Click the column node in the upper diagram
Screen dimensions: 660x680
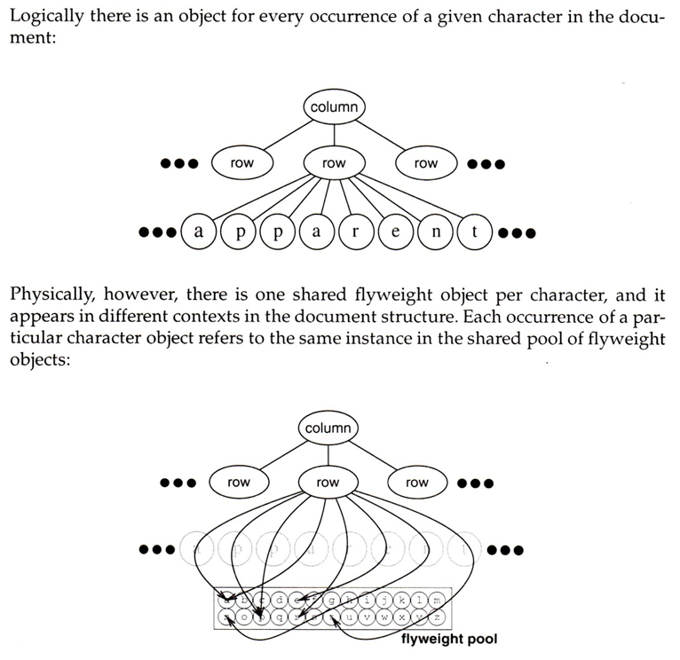334,107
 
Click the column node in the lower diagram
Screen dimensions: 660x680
328,428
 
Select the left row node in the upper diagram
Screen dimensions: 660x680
241,163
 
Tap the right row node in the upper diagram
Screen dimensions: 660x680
426,163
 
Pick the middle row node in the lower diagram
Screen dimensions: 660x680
328,483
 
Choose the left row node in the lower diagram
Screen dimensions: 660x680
239,483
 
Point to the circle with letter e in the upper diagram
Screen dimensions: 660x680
395,233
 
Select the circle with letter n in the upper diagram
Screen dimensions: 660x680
435,233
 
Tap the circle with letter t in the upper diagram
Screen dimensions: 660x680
475,233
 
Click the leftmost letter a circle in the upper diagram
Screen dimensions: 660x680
198,233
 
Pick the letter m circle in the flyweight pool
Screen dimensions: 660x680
436,601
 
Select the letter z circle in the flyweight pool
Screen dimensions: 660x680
436,617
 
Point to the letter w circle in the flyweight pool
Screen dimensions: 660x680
384,617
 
